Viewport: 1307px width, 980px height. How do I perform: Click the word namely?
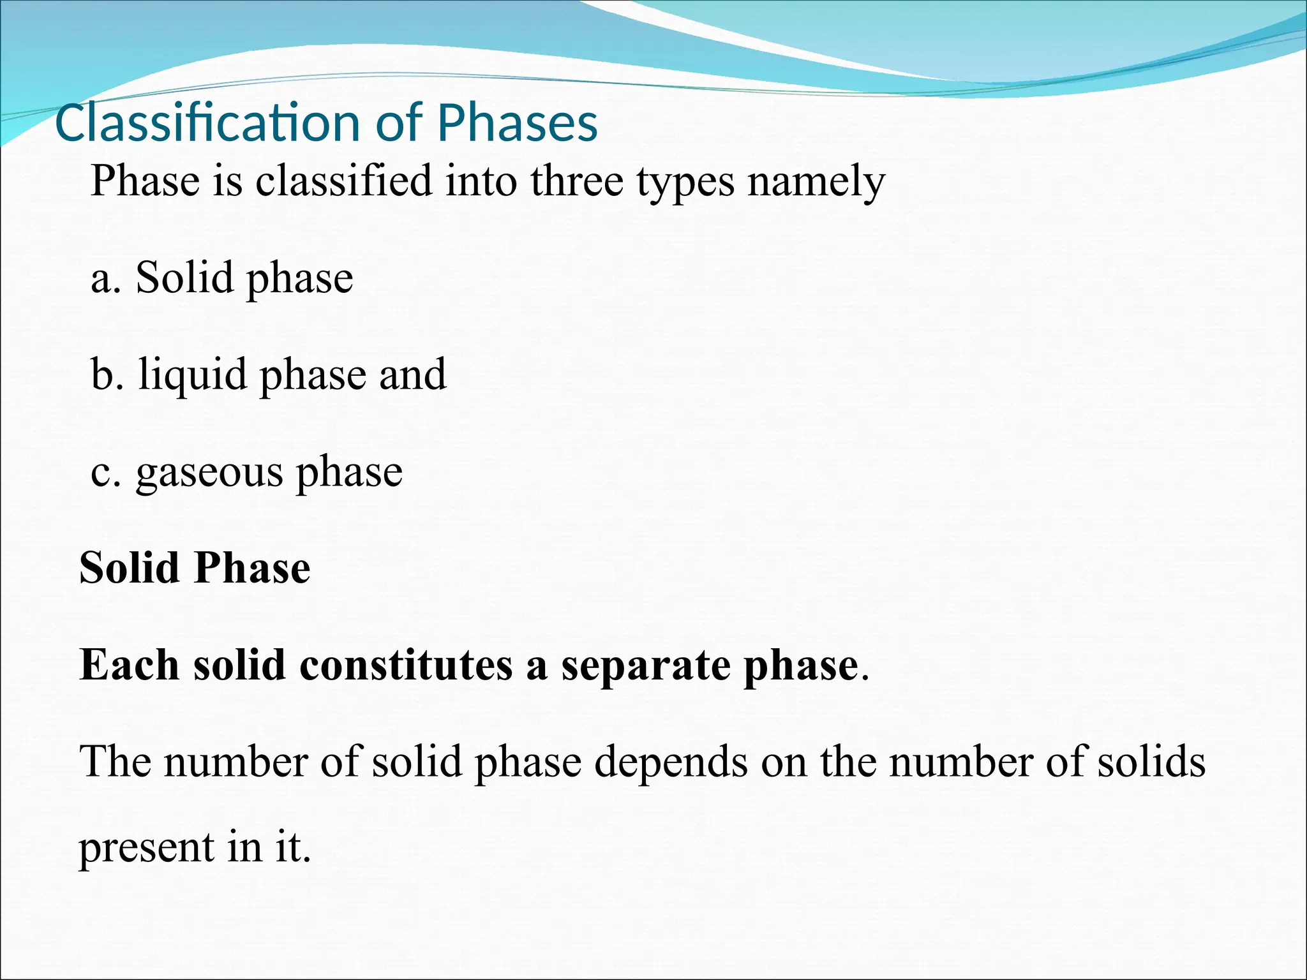tap(816, 182)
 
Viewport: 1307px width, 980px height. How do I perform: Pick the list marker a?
tap(105, 279)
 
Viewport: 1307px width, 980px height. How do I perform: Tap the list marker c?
tap(105, 473)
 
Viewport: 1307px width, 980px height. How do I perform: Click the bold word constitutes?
tap(406, 665)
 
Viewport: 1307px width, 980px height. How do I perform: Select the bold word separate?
tap(645, 666)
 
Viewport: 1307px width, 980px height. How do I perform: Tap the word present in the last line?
tap(146, 848)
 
